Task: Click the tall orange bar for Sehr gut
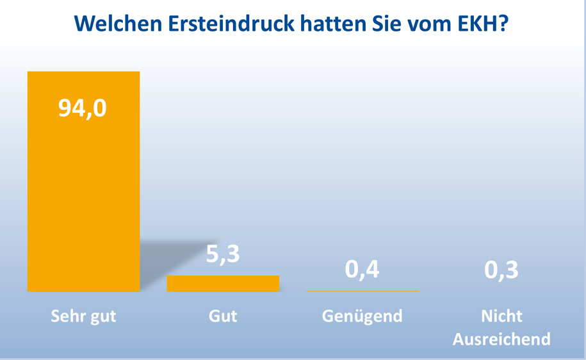[83, 192]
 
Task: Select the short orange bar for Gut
[223, 283]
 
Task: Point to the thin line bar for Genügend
[362, 291]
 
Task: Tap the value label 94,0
[83, 108]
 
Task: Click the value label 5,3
[223, 254]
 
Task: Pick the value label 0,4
[362, 269]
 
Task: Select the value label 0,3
[501, 269]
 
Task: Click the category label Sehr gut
[83, 316]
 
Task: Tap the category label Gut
[223, 316]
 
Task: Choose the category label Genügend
[362, 316]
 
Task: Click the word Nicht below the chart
[501, 316]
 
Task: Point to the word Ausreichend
[501, 339]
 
